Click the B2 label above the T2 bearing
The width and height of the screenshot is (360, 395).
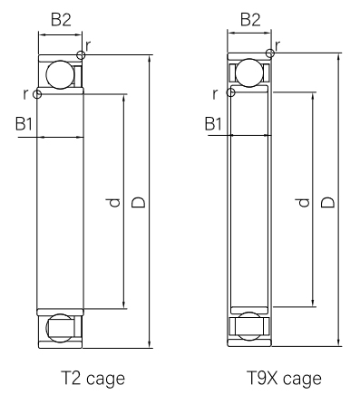61,20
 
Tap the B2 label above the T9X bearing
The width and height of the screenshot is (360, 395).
250,20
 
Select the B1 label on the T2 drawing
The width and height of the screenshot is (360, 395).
24,124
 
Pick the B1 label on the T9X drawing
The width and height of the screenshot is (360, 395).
213,124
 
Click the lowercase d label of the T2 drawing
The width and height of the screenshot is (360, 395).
113,203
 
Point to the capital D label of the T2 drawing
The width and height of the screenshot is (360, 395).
139,202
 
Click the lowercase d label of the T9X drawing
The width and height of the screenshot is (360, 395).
303,203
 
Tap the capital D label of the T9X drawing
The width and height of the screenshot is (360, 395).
328,202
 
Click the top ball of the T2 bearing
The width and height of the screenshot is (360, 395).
60,74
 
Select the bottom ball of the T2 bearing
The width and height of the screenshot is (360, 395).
60,328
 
